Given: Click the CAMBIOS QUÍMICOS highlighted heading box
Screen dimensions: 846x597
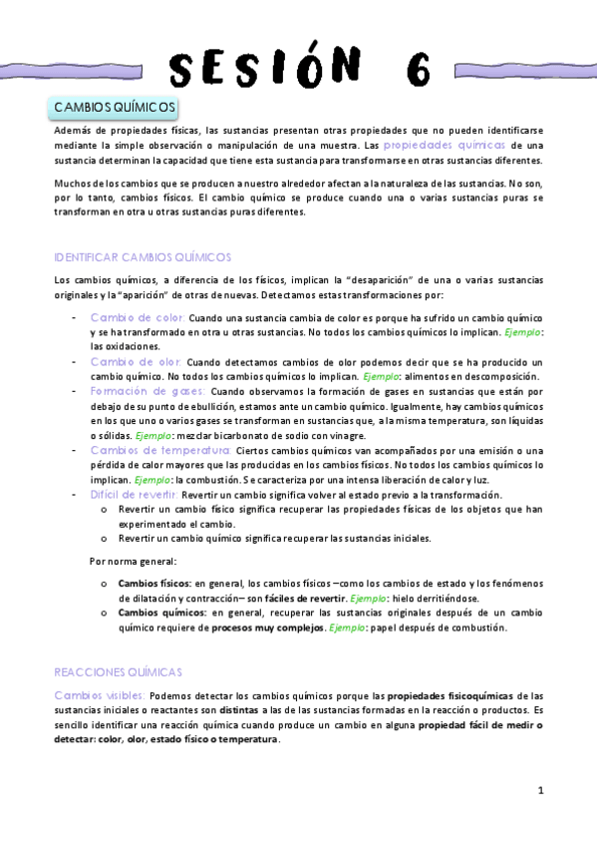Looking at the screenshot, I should [x=115, y=107].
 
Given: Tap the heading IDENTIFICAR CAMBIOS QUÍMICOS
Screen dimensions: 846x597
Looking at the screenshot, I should [x=143, y=256].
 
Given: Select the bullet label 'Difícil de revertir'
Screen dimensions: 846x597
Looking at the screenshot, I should [x=134, y=494].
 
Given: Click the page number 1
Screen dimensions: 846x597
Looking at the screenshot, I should [x=540, y=791].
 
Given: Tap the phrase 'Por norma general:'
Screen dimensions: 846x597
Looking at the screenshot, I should [x=134, y=561].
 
